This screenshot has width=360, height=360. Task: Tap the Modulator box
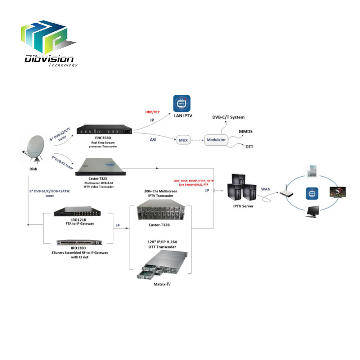[x=216, y=140]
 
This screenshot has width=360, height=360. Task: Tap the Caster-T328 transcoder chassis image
[x=161, y=211]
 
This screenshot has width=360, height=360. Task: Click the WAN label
[x=266, y=189]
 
